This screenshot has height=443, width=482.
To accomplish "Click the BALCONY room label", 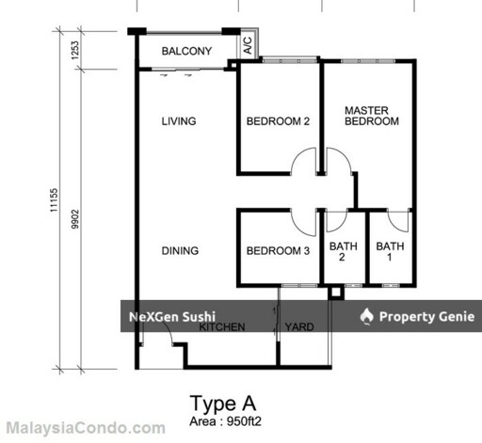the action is pos(186,51).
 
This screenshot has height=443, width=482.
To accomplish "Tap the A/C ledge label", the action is pos(248,45).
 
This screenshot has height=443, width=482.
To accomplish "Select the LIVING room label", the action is pos(179,121).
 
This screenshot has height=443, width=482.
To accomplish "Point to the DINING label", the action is pos(180,250).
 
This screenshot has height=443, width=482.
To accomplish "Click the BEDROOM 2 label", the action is pos(278,121).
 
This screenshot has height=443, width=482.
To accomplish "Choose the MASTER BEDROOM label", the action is pos(372,116).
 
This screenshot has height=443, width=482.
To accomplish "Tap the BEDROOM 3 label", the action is pos(278,250).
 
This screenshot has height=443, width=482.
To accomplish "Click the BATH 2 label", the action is pos(344,252).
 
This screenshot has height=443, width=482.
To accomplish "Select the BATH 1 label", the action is pos(390,252).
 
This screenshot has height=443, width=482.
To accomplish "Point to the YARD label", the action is pos(299,327).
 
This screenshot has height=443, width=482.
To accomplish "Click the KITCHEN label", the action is pos(222,327).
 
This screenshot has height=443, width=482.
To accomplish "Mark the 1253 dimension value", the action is pos(75,50).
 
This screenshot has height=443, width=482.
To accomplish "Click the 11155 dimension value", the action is pos(54,200).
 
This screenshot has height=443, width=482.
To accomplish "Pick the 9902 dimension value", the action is pos(75,219).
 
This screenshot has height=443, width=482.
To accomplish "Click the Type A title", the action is pos(223,403).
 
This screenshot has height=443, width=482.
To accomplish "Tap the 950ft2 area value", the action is pos(244,421).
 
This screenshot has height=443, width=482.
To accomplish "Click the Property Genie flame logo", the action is pos(367,316).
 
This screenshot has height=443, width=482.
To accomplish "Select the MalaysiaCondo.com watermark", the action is pos(86,428).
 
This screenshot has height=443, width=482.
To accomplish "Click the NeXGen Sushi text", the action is pos(172,317).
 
